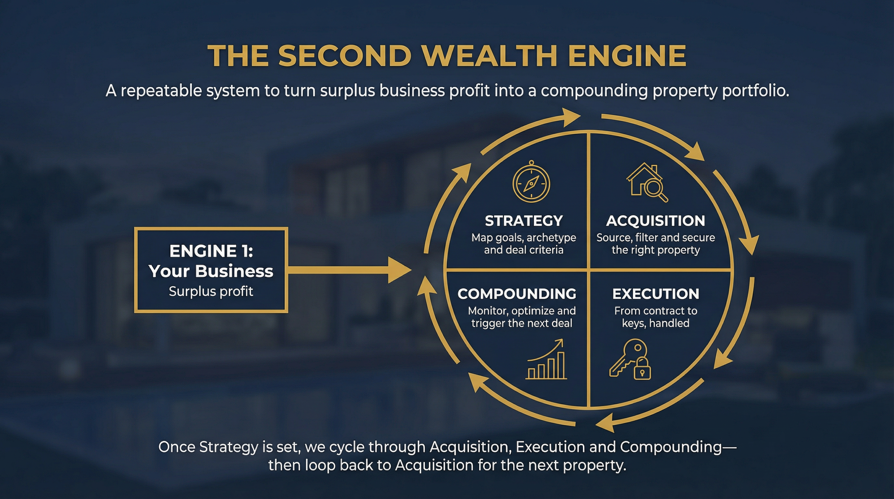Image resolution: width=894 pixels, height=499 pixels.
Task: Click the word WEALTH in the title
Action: [489, 56]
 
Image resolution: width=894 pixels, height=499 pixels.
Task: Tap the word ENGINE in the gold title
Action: [627, 56]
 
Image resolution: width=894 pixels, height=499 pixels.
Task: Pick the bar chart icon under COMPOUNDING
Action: [546, 359]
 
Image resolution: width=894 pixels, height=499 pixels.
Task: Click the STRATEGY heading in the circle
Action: [524, 221]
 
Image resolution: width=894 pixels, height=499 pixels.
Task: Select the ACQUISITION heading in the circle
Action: [655, 221]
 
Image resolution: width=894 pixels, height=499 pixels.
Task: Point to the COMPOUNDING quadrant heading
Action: [517, 294]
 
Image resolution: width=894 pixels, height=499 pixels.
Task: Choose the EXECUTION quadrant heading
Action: [655, 294]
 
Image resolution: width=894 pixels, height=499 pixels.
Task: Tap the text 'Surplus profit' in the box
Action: [211, 292]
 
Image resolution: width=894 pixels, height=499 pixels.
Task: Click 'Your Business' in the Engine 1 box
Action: [211, 271]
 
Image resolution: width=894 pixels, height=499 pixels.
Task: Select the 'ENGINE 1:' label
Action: [211, 251]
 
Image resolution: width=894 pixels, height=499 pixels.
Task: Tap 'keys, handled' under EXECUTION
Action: [655, 323]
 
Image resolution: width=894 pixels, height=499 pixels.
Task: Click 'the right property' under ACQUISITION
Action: [655, 250]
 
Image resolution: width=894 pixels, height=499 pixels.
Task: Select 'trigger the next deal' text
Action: [522, 323]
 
